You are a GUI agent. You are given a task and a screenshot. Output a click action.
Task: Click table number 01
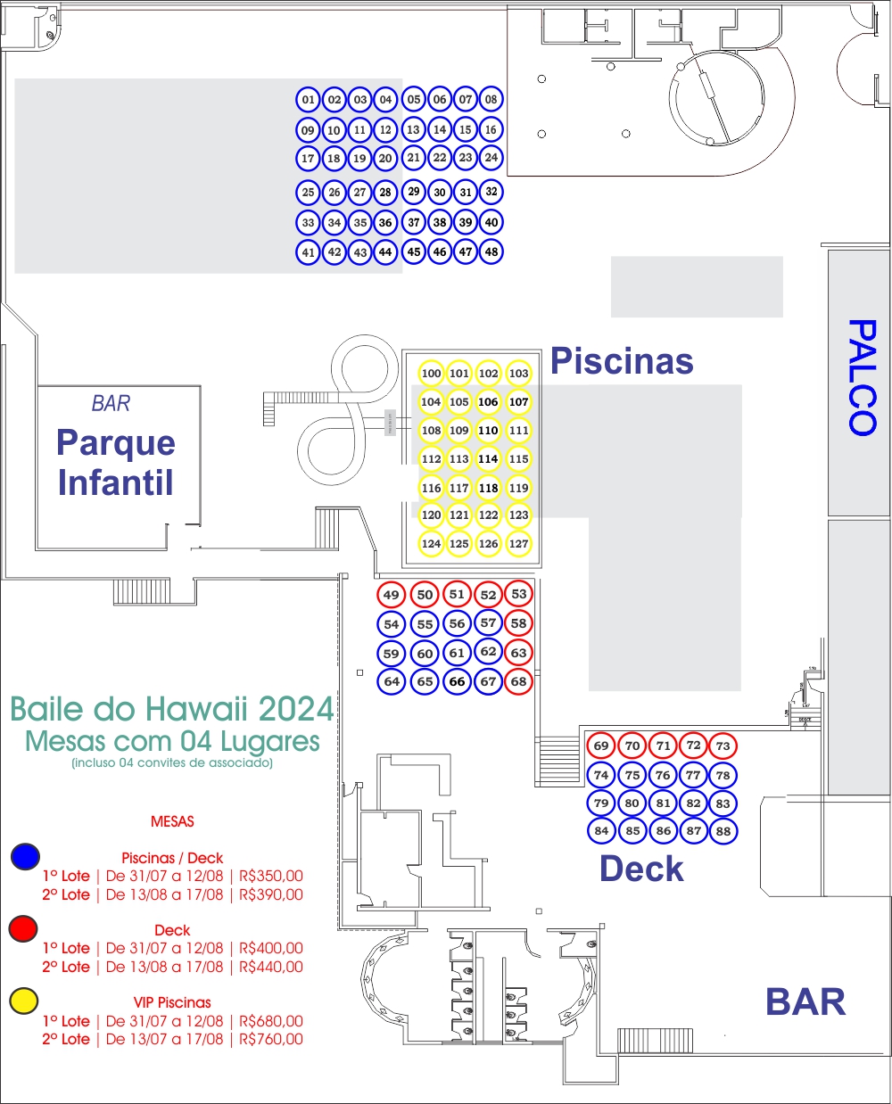[x=308, y=100]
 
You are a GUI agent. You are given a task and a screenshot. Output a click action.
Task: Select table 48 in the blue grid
[x=491, y=251]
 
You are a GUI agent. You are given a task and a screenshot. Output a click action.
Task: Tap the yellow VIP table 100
[x=431, y=373]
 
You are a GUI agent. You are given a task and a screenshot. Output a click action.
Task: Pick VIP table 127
[x=518, y=544]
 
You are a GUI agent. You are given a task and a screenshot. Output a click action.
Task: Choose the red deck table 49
[x=391, y=595]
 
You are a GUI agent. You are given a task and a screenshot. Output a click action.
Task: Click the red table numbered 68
[x=518, y=681]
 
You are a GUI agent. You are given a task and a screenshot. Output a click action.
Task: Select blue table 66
[x=457, y=681]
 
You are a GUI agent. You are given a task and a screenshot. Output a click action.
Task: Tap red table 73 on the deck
[x=723, y=746]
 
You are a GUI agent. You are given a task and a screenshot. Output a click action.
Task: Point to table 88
[x=723, y=831]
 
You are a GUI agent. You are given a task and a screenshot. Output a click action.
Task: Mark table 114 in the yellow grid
[x=488, y=458]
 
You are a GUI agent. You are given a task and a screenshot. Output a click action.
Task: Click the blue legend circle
[x=25, y=856]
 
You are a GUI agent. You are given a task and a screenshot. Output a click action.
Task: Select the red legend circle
[x=23, y=928]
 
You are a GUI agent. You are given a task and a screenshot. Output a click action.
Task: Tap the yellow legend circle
[x=24, y=1001]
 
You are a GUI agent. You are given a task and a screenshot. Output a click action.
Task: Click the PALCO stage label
[x=863, y=377]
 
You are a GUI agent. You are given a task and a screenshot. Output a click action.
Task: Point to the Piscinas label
[x=622, y=361]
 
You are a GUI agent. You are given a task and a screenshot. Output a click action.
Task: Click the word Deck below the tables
[x=641, y=869]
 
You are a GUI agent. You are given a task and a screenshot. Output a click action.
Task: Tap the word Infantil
[x=115, y=482]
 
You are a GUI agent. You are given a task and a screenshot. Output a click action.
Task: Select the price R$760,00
[x=270, y=1039]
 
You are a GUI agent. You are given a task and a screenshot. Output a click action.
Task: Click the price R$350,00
[x=270, y=876]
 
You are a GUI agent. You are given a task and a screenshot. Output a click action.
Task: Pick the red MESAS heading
[x=172, y=821]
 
